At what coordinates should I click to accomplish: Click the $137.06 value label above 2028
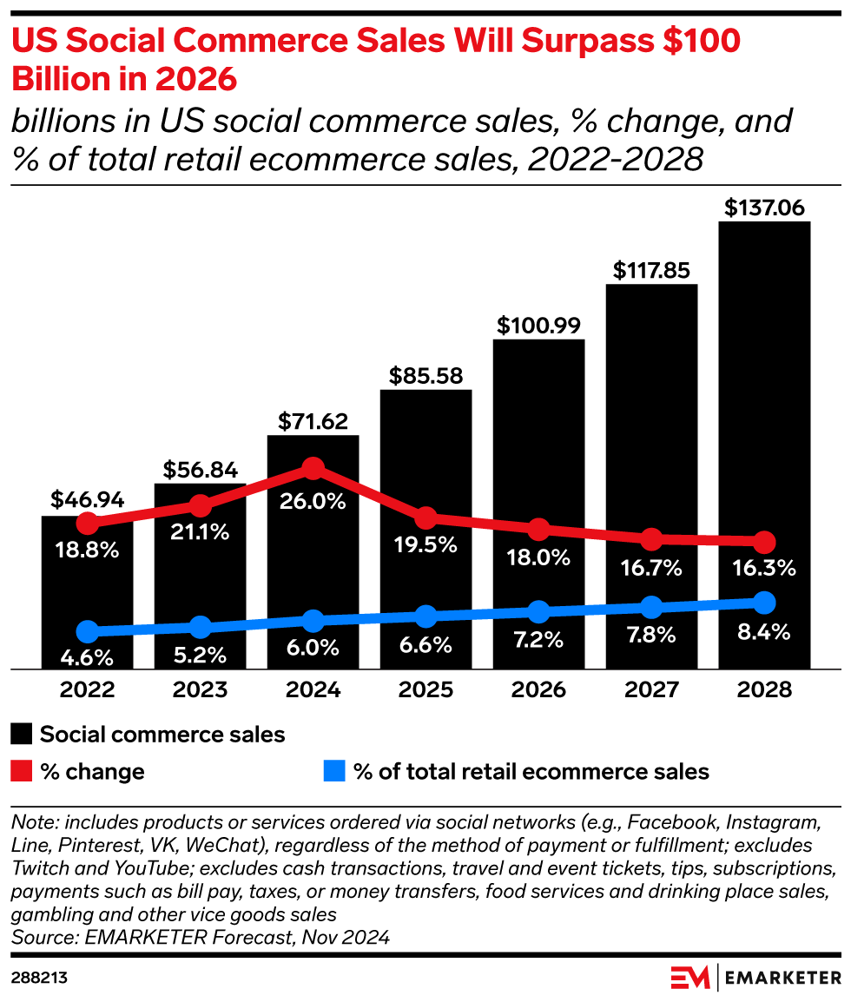tap(764, 208)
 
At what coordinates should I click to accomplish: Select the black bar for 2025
tap(425, 452)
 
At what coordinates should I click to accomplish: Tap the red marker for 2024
tap(313, 469)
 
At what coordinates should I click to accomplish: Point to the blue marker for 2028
tap(764, 602)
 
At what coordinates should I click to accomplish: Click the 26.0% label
tap(313, 501)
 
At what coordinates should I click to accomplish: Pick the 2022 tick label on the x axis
tap(87, 689)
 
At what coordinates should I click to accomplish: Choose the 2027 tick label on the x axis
tap(651, 689)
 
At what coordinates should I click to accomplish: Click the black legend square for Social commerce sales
tap(22, 734)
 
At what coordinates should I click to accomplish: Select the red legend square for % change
tap(22, 771)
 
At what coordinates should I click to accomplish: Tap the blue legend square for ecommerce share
tap(334, 771)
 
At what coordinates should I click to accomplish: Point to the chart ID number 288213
tap(39, 978)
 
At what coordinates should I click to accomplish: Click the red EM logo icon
tap(690, 977)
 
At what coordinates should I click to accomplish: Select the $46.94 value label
tap(87, 500)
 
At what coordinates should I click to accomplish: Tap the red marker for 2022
tap(87, 523)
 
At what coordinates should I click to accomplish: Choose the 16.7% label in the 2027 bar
tap(651, 569)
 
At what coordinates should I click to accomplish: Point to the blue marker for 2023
tap(200, 627)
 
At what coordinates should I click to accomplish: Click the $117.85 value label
tap(651, 270)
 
